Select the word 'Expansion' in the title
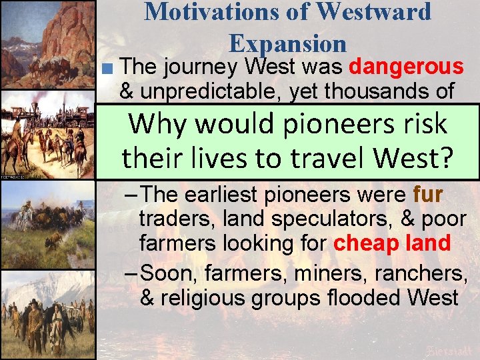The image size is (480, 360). (x=287, y=43)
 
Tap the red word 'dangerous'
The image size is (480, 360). (x=406, y=67)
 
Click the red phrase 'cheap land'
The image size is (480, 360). (x=391, y=243)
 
